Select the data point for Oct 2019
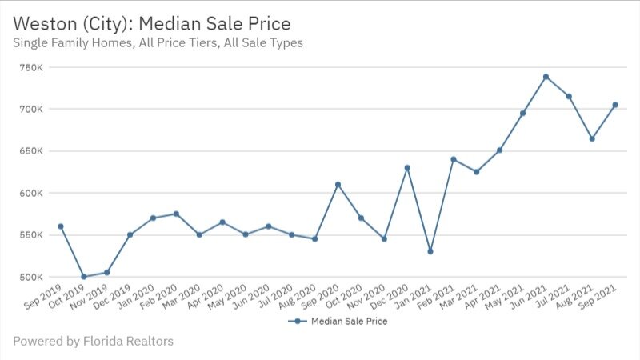pyautogui.click(x=83, y=277)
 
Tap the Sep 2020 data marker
pyautogui.click(x=338, y=185)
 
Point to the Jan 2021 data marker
pyautogui.click(x=430, y=251)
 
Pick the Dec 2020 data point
pyautogui.click(x=407, y=168)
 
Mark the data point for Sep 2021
pyautogui.click(x=615, y=105)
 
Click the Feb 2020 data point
pyautogui.click(x=176, y=214)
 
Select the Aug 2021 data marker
pyautogui.click(x=592, y=138)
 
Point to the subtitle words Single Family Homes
pyautogui.click(x=70, y=42)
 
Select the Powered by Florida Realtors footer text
pyautogui.click(x=93, y=342)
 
